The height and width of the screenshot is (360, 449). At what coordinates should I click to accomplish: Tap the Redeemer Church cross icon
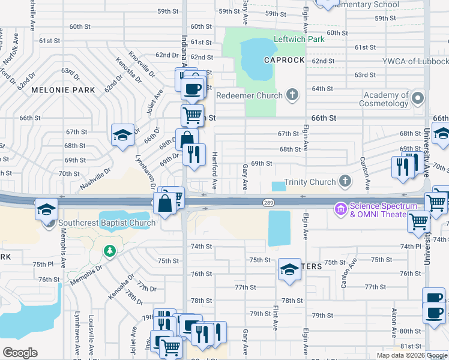coord(292,95)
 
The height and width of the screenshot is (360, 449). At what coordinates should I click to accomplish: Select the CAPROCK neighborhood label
coord(284,61)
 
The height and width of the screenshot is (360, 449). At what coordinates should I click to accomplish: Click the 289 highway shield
coord(268,203)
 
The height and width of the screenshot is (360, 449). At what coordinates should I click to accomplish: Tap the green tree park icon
coord(109,250)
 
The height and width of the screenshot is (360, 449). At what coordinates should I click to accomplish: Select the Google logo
coord(20,353)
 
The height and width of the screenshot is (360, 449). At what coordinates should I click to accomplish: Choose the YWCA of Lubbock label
coord(415,61)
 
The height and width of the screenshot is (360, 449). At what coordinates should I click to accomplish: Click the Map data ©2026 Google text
coord(412,355)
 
